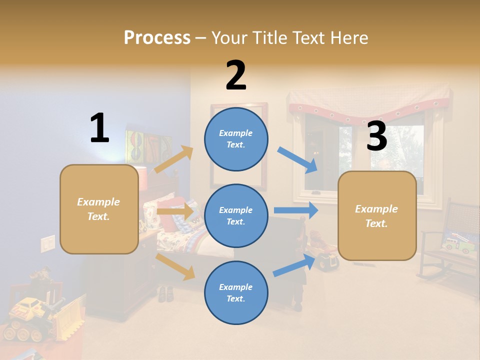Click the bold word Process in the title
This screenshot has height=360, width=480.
[157, 38]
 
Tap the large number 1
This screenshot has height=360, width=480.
[99, 128]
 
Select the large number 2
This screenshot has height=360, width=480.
[236, 76]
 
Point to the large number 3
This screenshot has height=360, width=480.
[376, 136]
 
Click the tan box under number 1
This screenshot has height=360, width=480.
[99, 209]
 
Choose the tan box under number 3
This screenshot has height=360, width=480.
[376, 215]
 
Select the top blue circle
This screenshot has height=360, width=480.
[236, 139]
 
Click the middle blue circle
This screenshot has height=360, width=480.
[236, 215]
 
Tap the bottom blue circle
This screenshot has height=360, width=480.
[236, 292]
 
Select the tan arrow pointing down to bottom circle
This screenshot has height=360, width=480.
[175, 266]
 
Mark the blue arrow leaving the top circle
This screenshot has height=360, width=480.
[297, 159]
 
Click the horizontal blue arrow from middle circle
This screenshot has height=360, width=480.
[295, 210]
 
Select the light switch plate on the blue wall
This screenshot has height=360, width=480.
[47, 243]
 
